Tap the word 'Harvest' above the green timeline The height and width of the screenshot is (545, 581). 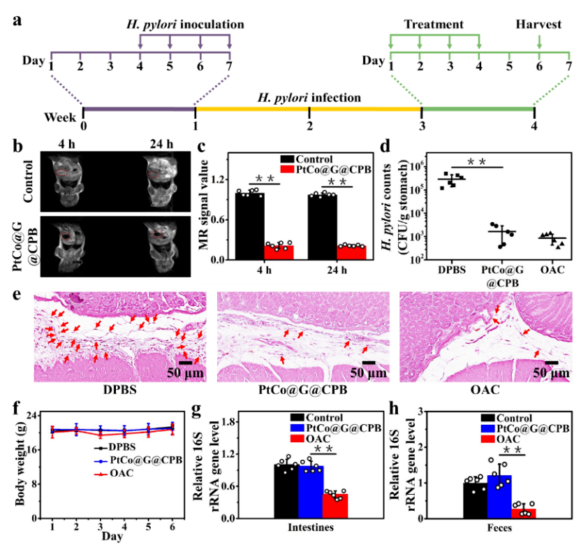pos(538,24)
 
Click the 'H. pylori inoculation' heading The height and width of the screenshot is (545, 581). pos(185,24)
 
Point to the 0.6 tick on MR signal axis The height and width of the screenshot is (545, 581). pos(223,220)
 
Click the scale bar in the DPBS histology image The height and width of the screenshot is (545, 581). pos(186,361)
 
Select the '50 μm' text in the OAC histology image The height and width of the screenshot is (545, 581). pos(551,374)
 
